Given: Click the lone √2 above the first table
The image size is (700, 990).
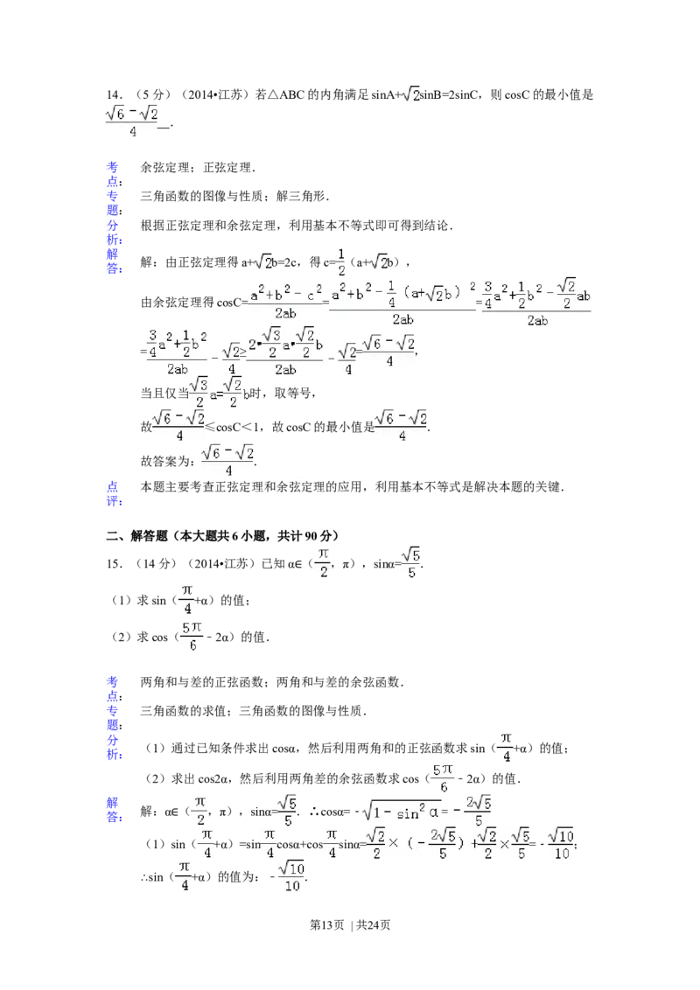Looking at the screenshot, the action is pos(409,94).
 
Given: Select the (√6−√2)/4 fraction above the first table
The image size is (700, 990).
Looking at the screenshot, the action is pos(133,121).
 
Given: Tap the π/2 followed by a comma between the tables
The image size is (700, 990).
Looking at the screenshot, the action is pos(323,562).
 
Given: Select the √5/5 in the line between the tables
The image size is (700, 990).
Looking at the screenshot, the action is pos(410,562).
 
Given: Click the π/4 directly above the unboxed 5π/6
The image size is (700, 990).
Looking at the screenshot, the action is pos(187,599).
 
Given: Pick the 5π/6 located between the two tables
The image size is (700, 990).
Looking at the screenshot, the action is pos(192,638).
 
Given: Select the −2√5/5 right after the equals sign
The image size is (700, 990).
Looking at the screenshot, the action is pos(478,812).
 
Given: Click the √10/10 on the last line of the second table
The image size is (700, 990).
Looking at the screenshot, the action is pos(291,875).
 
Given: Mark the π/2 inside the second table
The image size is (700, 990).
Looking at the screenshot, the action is pos(199,812).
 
